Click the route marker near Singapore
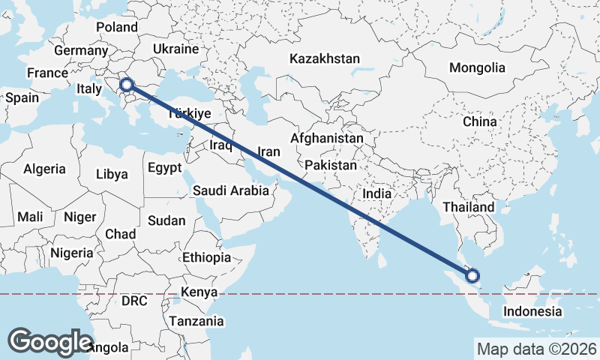[x=473, y=276]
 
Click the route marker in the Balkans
[x=127, y=85]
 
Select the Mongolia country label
[x=477, y=67]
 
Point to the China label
[x=479, y=121]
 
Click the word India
[x=376, y=193]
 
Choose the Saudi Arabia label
[x=230, y=190]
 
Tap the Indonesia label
[x=532, y=311]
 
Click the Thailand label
[x=468, y=207]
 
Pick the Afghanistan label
[x=326, y=139]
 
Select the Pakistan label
[x=331, y=164]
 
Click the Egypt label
[x=165, y=168]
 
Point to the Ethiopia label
[x=206, y=257]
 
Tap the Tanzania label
[x=196, y=321]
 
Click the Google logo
[x=50, y=341]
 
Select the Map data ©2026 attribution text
[x=536, y=349]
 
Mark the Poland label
[x=117, y=28]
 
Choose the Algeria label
[x=44, y=169]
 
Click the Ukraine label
[x=175, y=49]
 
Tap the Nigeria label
[x=71, y=253]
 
